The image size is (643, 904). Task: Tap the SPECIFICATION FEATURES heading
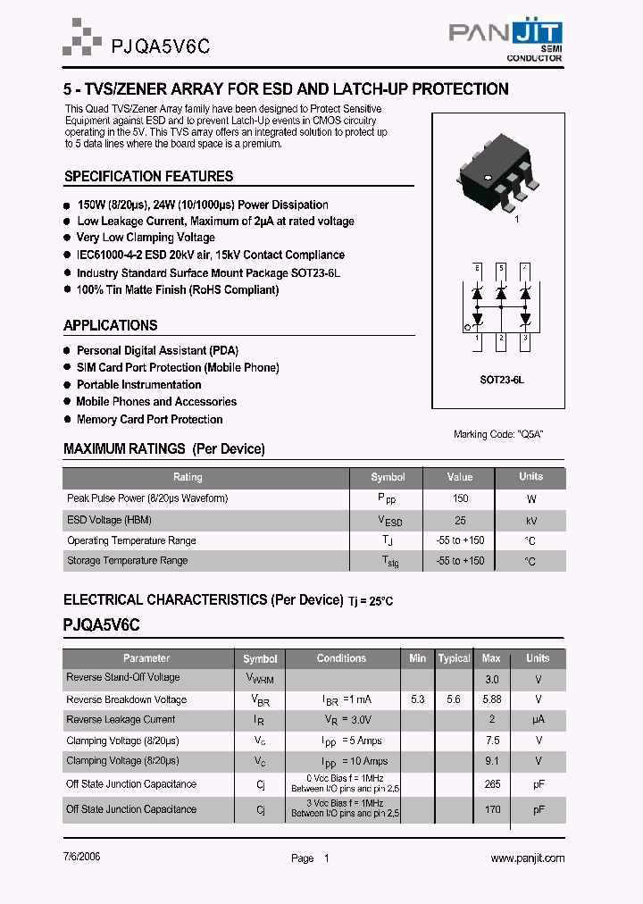pyautogui.click(x=148, y=177)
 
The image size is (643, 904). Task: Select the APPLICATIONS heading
pyautogui.click(x=111, y=326)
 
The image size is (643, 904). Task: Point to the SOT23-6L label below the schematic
pyautogui.click(x=501, y=380)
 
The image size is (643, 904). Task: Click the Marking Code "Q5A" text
pyautogui.click(x=498, y=434)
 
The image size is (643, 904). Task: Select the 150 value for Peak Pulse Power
pyautogui.click(x=460, y=498)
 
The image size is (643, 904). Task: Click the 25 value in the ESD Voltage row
pyautogui.click(x=460, y=520)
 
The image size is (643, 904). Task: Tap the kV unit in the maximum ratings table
pyautogui.click(x=530, y=520)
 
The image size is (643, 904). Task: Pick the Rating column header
pyautogui.click(x=188, y=477)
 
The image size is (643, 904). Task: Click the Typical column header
pyautogui.click(x=454, y=658)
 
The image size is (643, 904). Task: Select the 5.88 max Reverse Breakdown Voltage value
pyautogui.click(x=491, y=699)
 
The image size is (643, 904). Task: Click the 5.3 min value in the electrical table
pyautogui.click(x=417, y=699)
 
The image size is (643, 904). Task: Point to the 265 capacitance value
pyautogui.click(x=491, y=784)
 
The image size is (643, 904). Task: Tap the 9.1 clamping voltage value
pyautogui.click(x=491, y=761)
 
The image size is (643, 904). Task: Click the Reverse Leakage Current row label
pyautogui.click(x=121, y=719)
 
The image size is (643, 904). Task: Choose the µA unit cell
pyautogui.click(x=538, y=719)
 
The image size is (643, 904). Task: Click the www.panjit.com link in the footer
pyautogui.click(x=528, y=858)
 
